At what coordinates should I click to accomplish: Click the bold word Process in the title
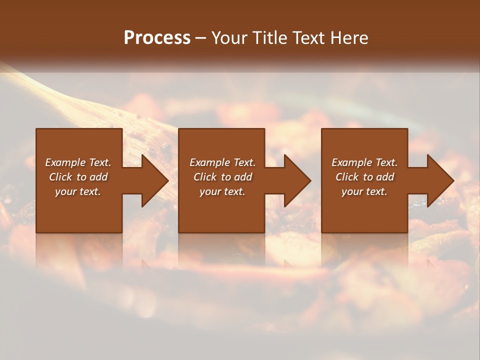(157, 38)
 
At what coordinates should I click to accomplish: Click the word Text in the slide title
(309, 38)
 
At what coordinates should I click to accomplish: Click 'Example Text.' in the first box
(78, 162)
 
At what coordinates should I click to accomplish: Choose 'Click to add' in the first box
(78, 177)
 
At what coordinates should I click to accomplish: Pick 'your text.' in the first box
(78, 191)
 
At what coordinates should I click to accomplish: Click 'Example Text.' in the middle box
(222, 162)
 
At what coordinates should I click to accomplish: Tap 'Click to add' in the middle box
(222, 177)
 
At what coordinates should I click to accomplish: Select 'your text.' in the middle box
(222, 191)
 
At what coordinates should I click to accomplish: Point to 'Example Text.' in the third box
(364, 162)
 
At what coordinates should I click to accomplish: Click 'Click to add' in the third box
(364, 177)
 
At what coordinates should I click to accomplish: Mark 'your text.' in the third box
(364, 191)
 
